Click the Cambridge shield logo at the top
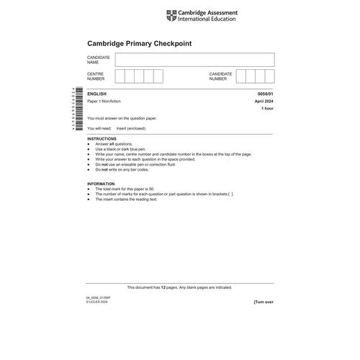coord(170,15)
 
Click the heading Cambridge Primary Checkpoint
coord(140,43)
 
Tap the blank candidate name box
coord(194,59)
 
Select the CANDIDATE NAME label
coord(98,59)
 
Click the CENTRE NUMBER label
coord(96,76)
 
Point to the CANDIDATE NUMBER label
coord(221,76)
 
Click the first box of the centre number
coord(120,76)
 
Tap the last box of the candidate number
coord(269,76)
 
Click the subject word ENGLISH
coord(97,94)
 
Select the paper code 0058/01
coord(265,94)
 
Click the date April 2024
coord(264,102)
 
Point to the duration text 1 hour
coord(267,109)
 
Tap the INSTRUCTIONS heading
coord(102,138)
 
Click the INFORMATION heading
coord(101,184)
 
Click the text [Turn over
coord(264,302)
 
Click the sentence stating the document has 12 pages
coord(180,287)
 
